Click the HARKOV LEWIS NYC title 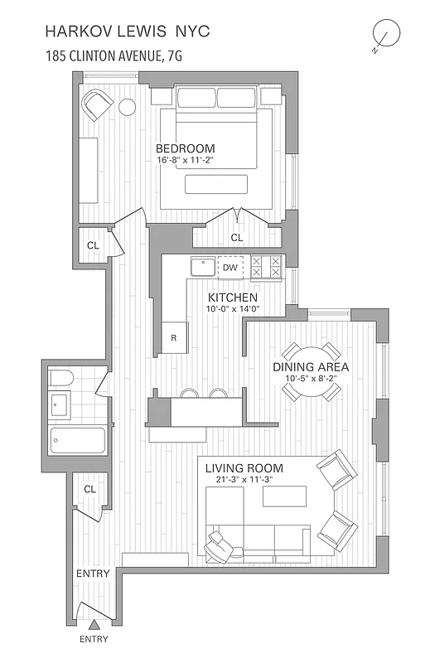point(128,31)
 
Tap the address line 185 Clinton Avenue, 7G point(114,57)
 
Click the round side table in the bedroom point(127,107)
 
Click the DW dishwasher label point(230,268)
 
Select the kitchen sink point(202,267)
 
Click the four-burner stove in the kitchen point(266,267)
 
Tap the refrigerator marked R point(174,337)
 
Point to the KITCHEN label point(232,298)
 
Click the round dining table point(311,371)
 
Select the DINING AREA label point(311,366)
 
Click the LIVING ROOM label point(245,468)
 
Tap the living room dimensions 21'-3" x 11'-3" point(245,480)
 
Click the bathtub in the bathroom point(77,439)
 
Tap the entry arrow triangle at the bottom point(94,625)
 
